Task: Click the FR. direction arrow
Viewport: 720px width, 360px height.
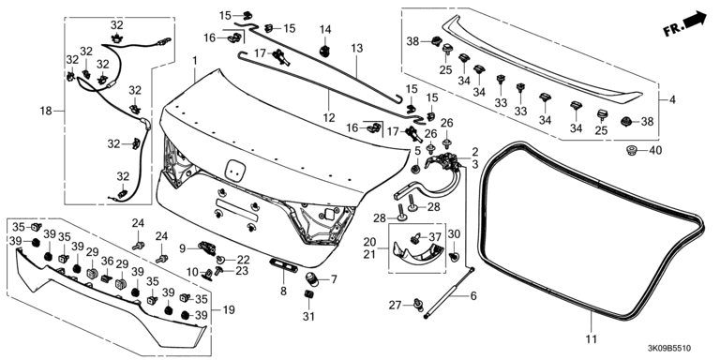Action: [684, 25]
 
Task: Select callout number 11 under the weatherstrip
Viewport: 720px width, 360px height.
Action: [592, 339]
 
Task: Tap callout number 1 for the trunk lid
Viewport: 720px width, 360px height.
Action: [195, 61]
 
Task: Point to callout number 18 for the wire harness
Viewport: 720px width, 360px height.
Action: [46, 111]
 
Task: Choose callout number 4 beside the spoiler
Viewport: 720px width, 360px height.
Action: [672, 99]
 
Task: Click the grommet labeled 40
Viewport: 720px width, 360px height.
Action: [633, 150]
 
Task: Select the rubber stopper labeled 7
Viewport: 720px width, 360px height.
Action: [312, 278]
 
